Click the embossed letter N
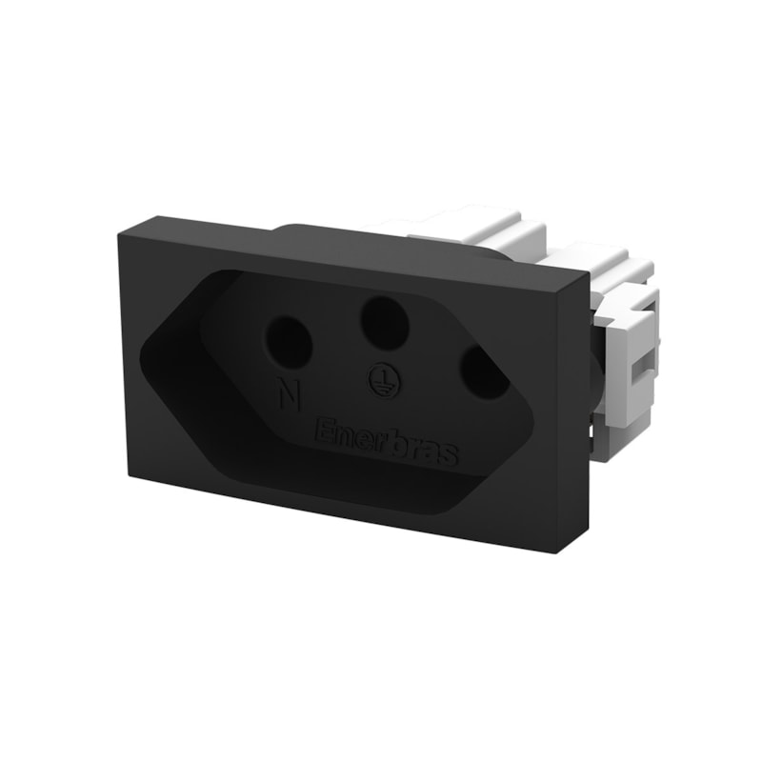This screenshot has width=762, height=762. (x=291, y=392)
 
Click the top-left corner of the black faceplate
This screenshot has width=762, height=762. (x=118, y=233)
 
